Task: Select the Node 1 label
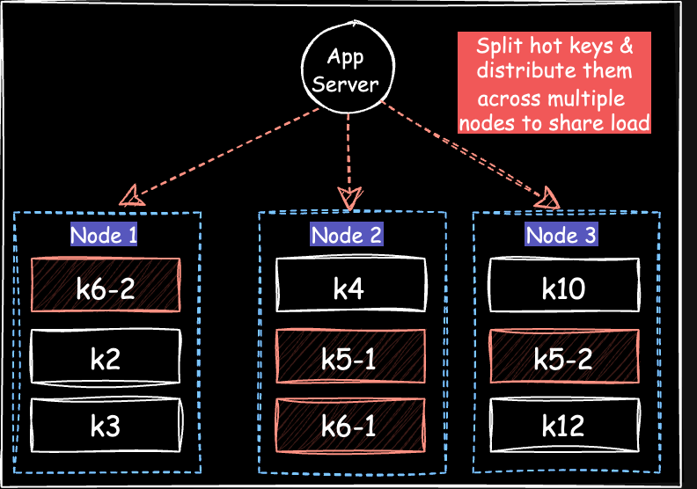[x=104, y=235]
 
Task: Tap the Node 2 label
[x=347, y=235]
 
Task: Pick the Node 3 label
[x=561, y=235]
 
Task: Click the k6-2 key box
[x=106, y=287]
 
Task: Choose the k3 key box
[x=106, y=426]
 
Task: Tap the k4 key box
[x=350, y=287]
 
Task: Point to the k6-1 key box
[x=350, y=426]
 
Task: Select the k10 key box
[x=563, y=287]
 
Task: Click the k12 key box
[x=563, y=426]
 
